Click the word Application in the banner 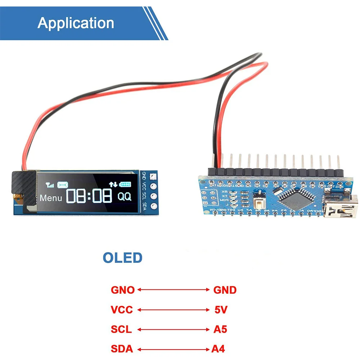tap(76, 23)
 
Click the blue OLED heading tap(122, 258)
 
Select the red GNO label tap(122, 290)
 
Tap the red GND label tap(225, 290)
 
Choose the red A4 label tap(218, 348)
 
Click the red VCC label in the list tap(122, 310)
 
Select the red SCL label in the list tap(121, 329)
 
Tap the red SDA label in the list tap(122, 348)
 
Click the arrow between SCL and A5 tap(173, 329)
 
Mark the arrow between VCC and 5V tap(173, 310)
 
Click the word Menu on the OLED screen tap(51, 198)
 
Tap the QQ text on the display tap(125, 196)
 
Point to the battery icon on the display tap(125, 184)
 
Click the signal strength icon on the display tap(49, 185)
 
